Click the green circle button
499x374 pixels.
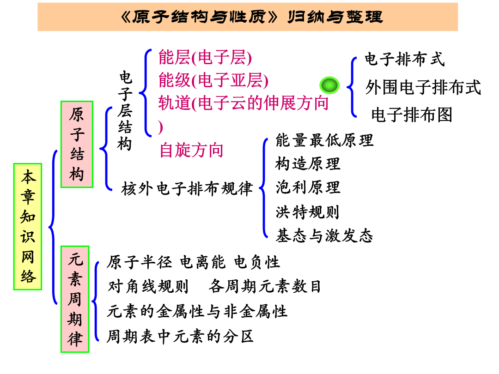point(329,85)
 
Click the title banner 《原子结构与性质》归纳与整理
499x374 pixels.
point(248,17)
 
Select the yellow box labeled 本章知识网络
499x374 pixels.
point(28,227)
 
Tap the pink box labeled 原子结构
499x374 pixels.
point(77,145)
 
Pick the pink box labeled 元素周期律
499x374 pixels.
point(75,299)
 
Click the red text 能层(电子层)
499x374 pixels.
point(205,58)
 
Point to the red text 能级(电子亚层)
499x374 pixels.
point(213,80)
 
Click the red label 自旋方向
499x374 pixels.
point(191,150)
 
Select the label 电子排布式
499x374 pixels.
point(404,59)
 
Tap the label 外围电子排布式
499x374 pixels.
point(423,87)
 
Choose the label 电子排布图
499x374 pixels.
point(412,115)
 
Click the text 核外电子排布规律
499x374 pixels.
point(187,188)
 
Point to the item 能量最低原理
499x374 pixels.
point(324,140)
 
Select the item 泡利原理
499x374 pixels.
point(308,187)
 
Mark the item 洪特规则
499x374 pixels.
point(307,212)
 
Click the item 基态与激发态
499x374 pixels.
point(324,236)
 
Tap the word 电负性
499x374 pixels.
point(257,262)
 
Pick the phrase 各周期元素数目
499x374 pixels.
point(264,287)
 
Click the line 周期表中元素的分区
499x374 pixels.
point(180,337)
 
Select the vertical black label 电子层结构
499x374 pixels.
point(125,111)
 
